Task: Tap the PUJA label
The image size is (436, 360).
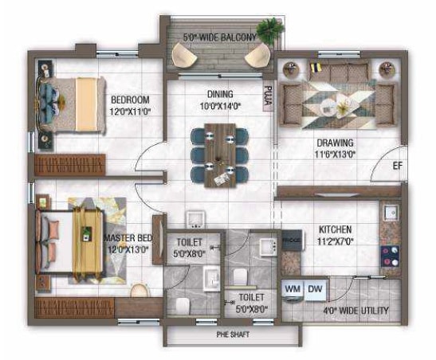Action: point(269,96)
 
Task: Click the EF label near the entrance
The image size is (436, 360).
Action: point(396,166)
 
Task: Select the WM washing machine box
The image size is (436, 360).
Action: point(292,288)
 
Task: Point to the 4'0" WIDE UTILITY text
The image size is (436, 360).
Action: point(354,310)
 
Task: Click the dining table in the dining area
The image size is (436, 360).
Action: point(218,155)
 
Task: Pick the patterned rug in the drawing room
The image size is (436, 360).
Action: point(336,104)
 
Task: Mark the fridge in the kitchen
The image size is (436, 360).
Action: point(292,242)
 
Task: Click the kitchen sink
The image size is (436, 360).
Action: point(391,213)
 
